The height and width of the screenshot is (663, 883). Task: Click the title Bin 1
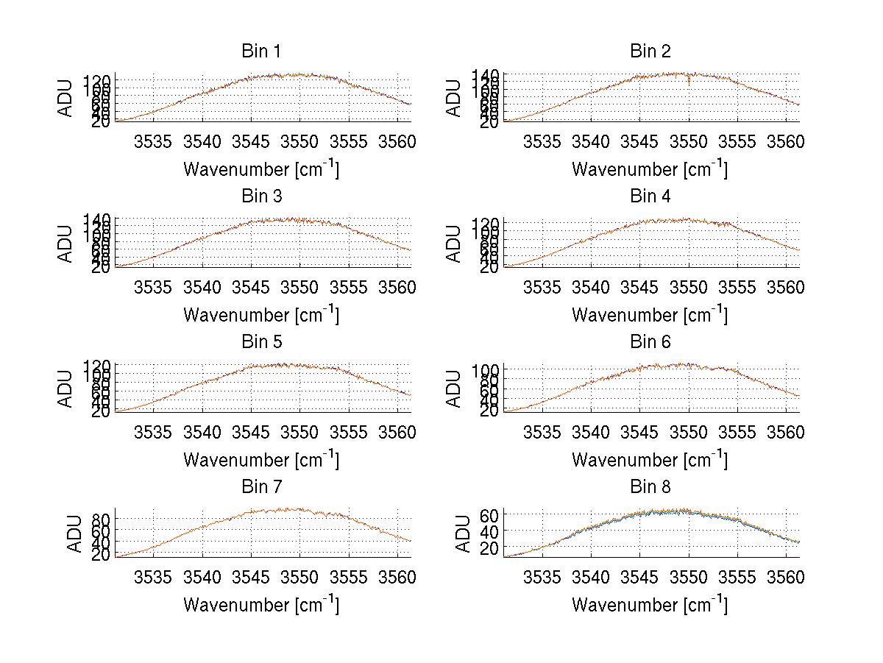(260, 52)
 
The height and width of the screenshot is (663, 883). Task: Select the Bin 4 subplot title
(650, 196)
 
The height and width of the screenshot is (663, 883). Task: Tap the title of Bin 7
(260, 487)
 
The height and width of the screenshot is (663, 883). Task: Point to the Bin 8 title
(650, 487)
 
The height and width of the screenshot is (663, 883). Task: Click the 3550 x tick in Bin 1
(300, 141)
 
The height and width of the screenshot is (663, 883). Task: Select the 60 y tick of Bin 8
(490, 514)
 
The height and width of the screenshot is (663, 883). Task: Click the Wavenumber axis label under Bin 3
(261, 314)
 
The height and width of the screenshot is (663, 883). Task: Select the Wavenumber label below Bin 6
(650, 459)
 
